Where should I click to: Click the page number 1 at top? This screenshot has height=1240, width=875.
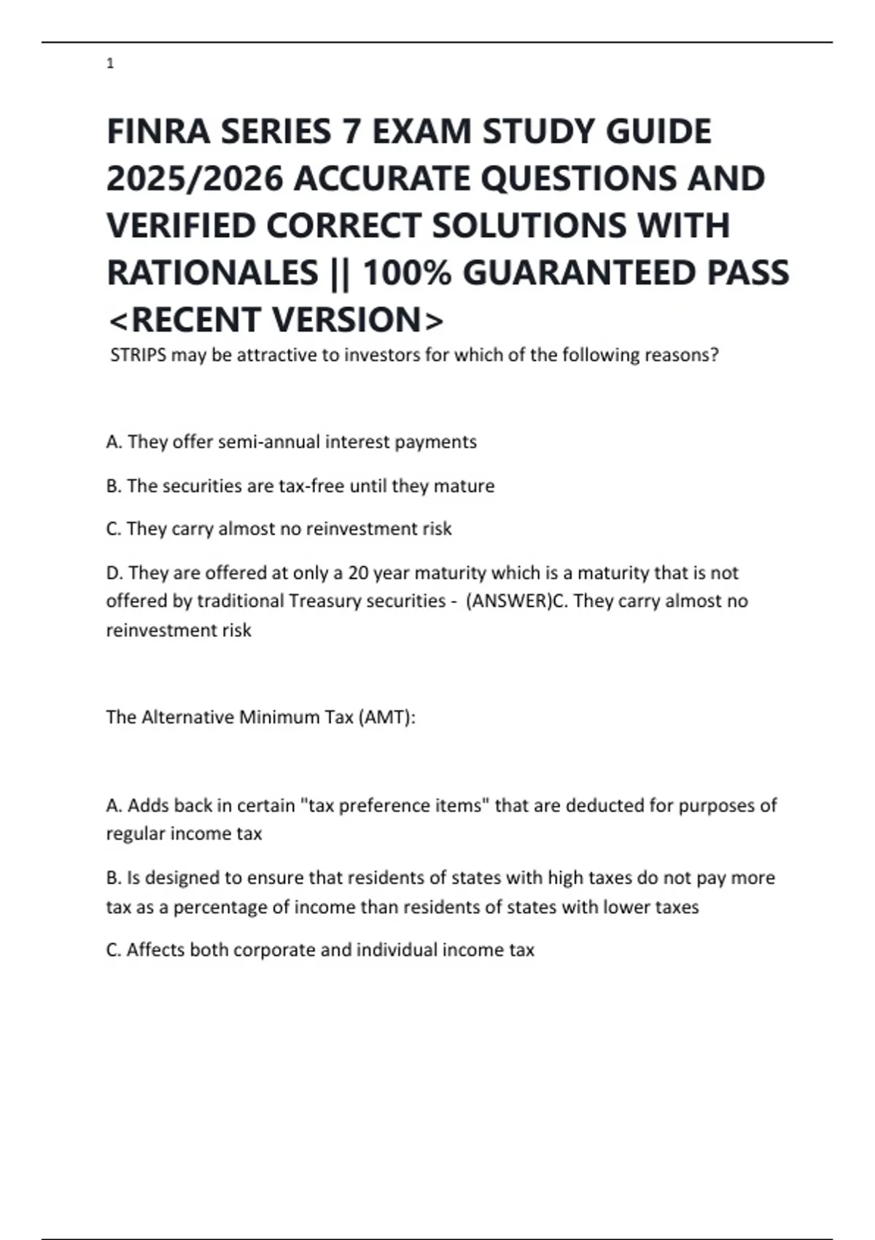pos(110,64)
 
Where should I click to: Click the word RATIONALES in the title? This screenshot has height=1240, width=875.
pos(212,274)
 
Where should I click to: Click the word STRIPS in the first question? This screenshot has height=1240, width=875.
pos(138,355)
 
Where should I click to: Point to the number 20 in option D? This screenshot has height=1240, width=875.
pos(358,573)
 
